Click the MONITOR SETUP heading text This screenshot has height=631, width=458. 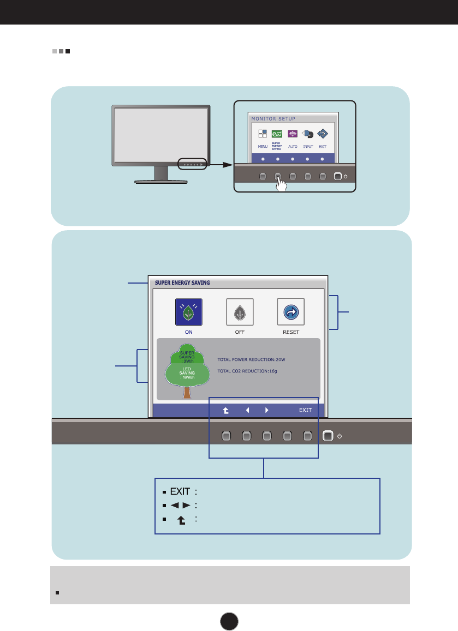point(273,118)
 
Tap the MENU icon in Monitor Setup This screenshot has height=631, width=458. point(263,134)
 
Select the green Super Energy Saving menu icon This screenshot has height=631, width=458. point(277,134)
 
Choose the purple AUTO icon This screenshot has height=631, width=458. point(293,134)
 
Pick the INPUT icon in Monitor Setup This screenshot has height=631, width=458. point(307,134)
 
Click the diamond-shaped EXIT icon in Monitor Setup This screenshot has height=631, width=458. point(322,134)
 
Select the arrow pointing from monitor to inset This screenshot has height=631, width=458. point(221,164)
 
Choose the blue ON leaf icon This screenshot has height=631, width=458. point(188,312)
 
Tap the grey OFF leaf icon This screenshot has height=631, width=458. point(240,312)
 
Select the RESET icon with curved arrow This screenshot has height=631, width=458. point(290,312)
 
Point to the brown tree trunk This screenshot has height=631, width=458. point(187,392)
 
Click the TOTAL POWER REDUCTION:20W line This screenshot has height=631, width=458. point(252,360)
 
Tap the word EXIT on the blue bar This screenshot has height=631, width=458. point(305,410)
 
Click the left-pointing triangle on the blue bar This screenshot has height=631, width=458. point(247,410)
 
